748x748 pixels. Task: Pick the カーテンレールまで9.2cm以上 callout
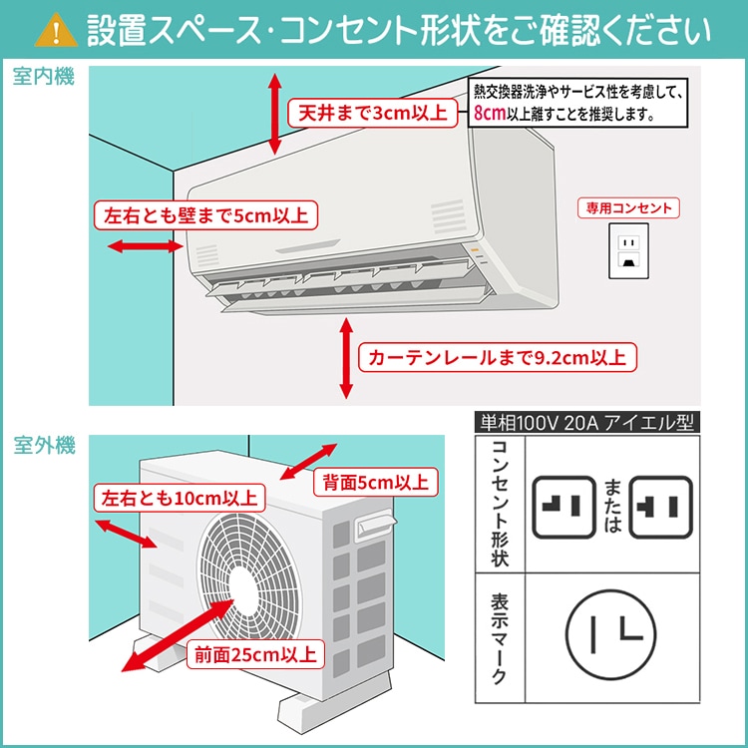tap(498, 356)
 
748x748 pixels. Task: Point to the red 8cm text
tap(490, 113)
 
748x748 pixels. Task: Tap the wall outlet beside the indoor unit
tap(628, 249)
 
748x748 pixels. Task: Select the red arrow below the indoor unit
tap(346, 357)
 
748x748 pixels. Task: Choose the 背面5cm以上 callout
tap(374, 483)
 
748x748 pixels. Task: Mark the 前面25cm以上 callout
tap(254, 654)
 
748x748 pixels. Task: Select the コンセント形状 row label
tap(499, 504)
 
